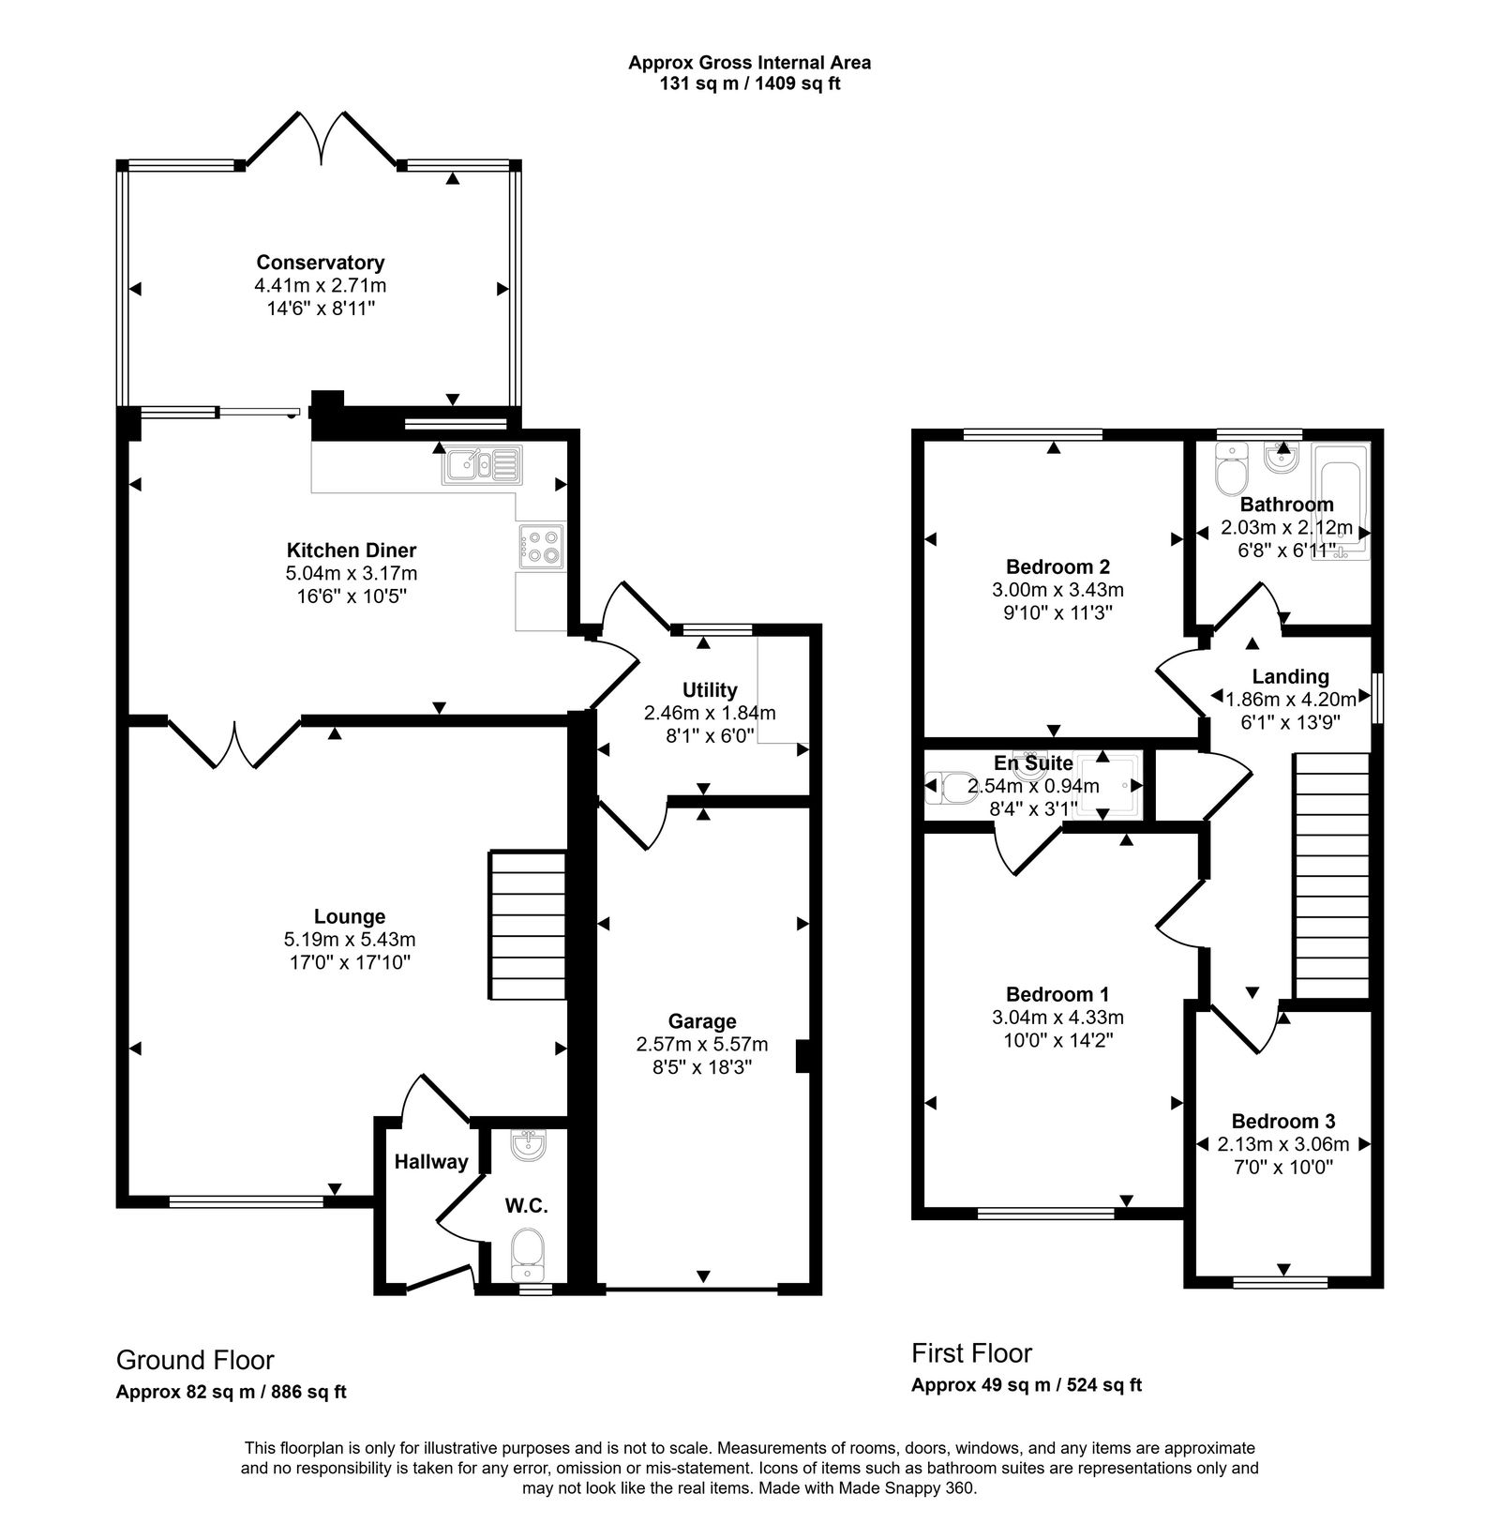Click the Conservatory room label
coord(321,263)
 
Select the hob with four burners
coord(540,547)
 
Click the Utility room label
coord(710,690)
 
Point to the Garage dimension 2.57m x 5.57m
coord(702,1044)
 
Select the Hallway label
coord(430,1162)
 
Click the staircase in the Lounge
coord(527,926)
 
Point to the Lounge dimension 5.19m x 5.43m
coord(350,939)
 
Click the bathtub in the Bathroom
coord(1342,503)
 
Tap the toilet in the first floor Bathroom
coord(1231,468)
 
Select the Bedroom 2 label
coord(1057,566)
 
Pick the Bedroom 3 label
coord(1282,1121)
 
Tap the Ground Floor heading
coord(195,1360)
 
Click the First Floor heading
coord(971,1353)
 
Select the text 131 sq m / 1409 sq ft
coord(749,83)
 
